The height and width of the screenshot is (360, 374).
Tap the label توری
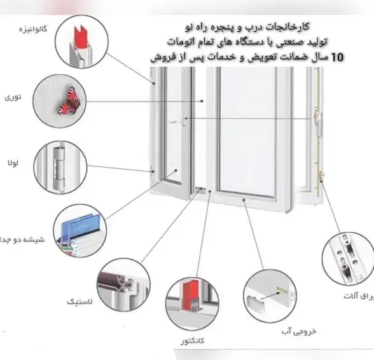[12, 98]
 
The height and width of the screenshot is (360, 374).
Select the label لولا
[12, 163]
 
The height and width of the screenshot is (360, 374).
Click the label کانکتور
[191, 341]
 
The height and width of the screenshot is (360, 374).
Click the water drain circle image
[270, 295]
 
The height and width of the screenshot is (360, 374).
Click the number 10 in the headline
[336, 57]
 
